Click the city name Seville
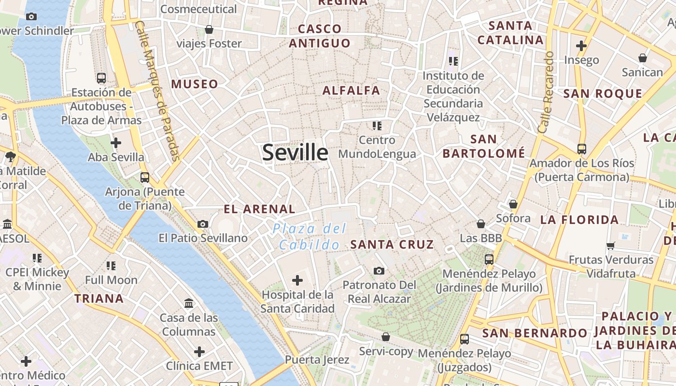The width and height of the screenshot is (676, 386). click(295, 152)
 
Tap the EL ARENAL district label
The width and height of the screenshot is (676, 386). click(259, 209)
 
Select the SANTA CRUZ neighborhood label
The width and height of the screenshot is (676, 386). click(392, 244)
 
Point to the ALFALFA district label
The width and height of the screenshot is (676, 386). click(351, 90)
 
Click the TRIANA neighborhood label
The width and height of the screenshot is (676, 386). click(99, 298)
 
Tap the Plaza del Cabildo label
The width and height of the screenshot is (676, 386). click(310, 236)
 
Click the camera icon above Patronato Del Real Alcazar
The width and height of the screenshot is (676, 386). click(379, 271)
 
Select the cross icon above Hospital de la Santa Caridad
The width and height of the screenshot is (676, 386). click(297, 280)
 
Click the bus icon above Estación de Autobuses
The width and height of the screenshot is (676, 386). click(101, 78)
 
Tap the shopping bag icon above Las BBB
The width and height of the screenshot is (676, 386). click(481, 224)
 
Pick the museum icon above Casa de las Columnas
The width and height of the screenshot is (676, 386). click(189, 303)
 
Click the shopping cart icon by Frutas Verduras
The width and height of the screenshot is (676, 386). click(611, 246)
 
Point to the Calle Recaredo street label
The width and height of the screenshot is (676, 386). click(546, 92)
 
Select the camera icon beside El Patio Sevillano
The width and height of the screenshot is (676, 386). click(203, 224)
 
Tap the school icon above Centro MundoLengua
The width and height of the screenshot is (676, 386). click(377, 126)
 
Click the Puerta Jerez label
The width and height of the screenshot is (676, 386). click(317, 359)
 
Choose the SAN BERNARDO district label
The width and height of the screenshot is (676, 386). click(534, 333)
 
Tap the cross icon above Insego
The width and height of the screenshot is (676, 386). click(581, 46)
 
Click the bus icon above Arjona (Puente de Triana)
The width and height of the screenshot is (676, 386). click(145, 177)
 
